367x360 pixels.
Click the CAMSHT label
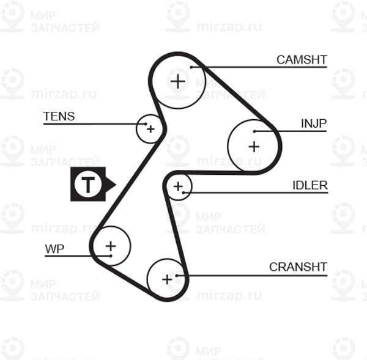coord(302,60)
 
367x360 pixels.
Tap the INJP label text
coord(314,123)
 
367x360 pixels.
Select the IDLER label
coord(310,185)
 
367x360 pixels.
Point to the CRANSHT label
coord(298,267)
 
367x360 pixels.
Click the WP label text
coord(54,249)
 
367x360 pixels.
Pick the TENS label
coord(59,116)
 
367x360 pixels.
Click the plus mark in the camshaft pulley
coord(178,81)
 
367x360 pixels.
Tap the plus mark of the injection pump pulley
coord(254,147)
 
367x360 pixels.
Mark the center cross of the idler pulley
coord(178,186)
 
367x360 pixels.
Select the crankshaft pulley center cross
coord(167,279)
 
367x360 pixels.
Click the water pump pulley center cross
coord(111,246)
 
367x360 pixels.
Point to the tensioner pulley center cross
coord(150,129)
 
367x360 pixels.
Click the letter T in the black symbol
coord(88,185)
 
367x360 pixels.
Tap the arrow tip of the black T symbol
coord(116,185)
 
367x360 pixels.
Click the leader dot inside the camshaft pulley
coord(191,67)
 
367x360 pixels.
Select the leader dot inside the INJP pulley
coord(254,131)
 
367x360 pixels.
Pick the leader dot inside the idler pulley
coord(183,193)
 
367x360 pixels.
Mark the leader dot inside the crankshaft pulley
coord(177,276)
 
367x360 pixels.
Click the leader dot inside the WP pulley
coord(111,256)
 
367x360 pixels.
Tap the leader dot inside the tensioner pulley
coord(146,123)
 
